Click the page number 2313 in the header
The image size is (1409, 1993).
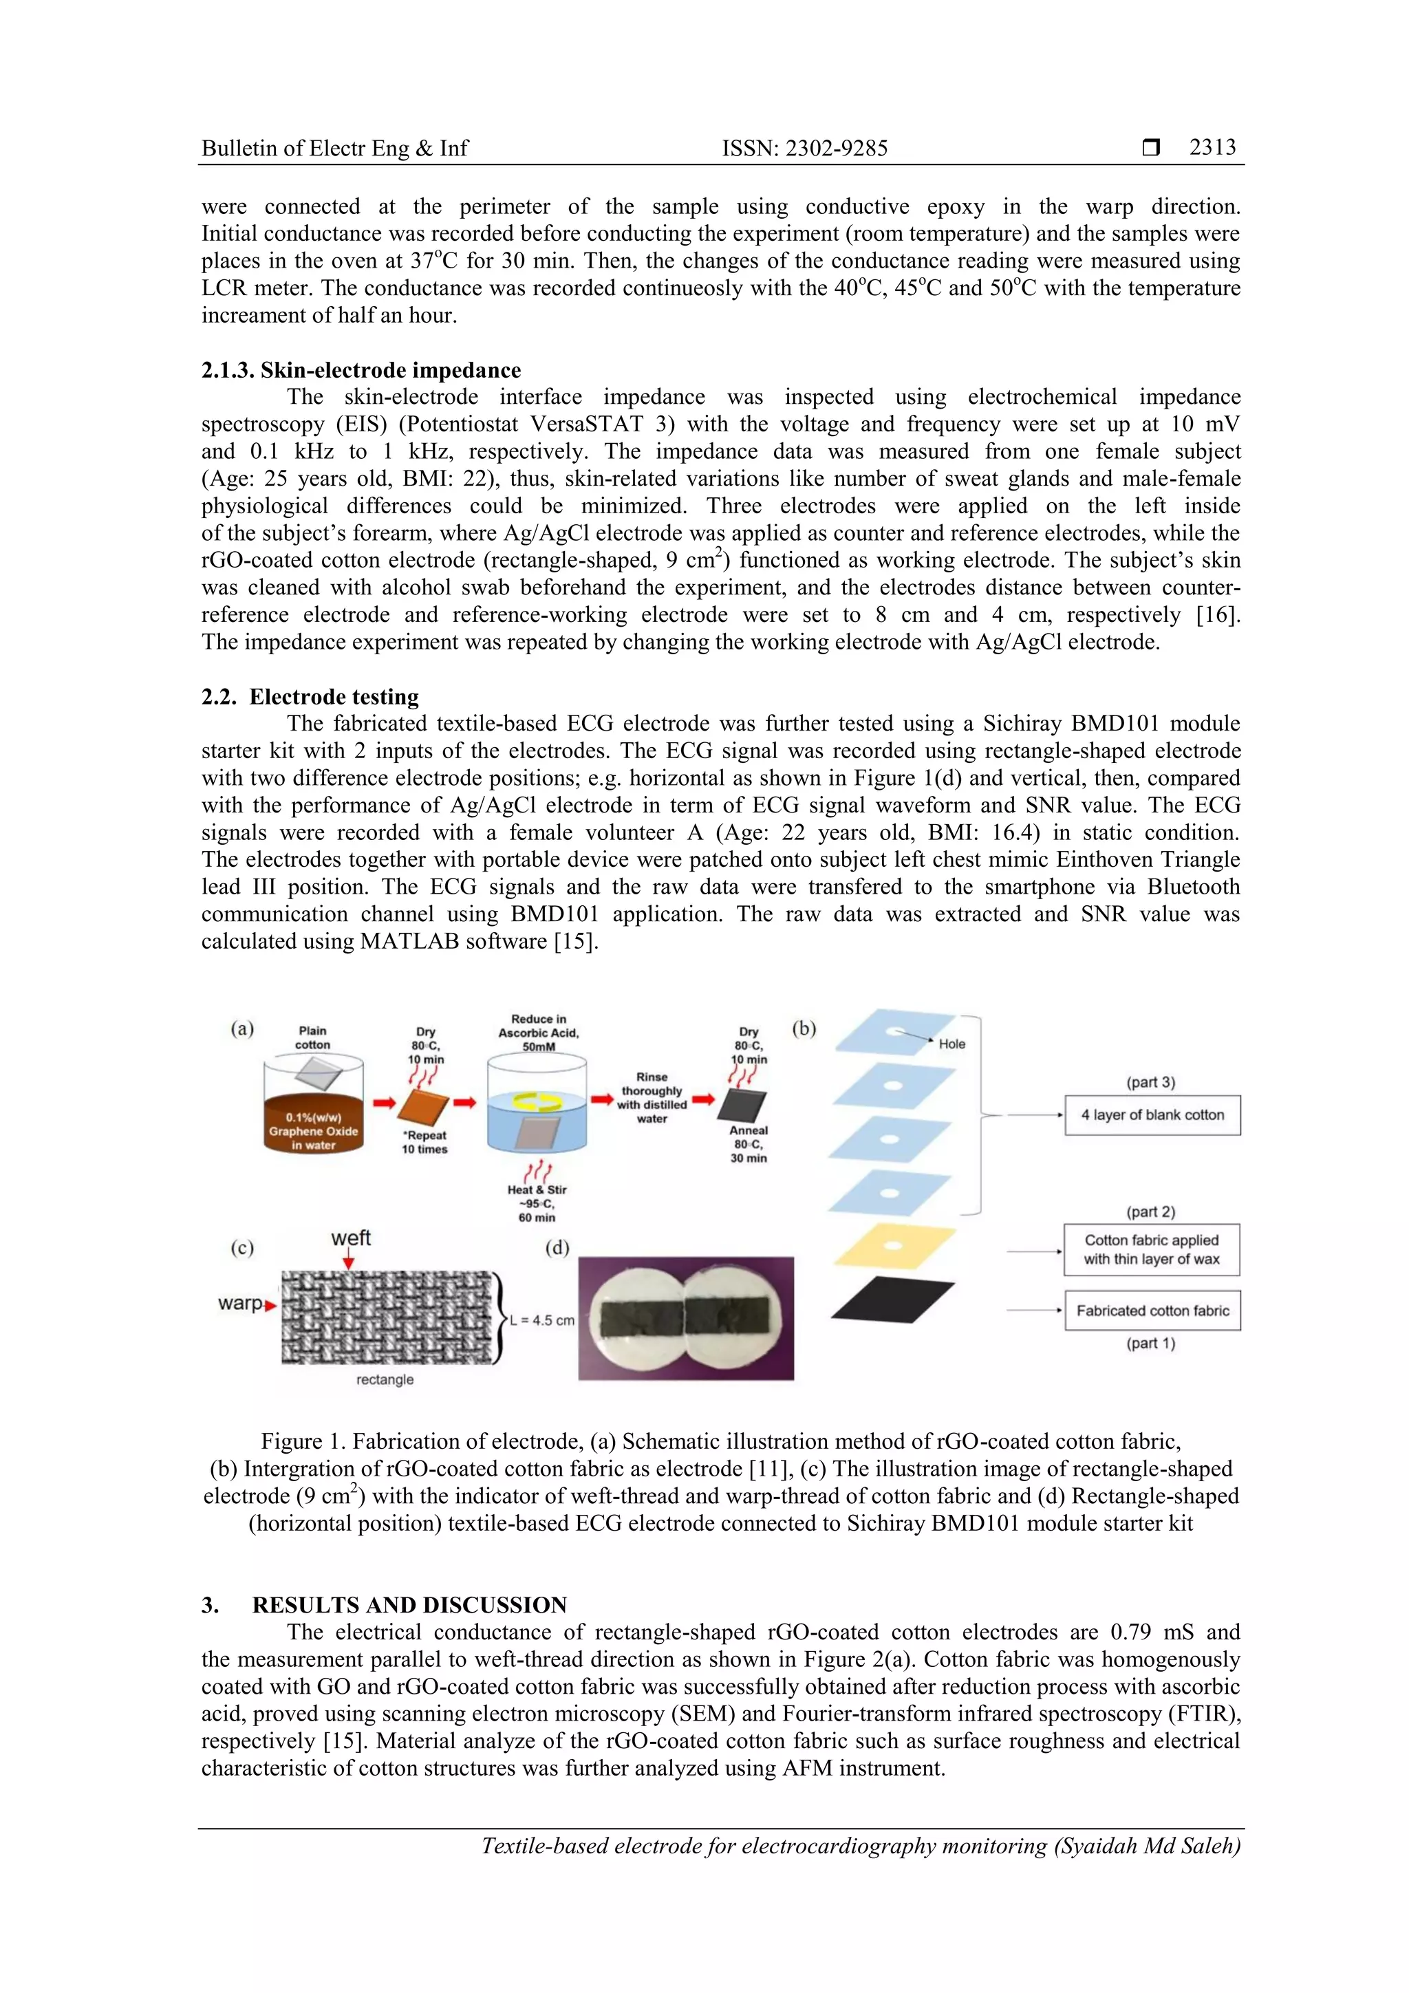tap(1212, 147)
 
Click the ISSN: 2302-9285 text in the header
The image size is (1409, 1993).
tap(805, 149)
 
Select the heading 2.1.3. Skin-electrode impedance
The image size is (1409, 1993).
tap(361, 370)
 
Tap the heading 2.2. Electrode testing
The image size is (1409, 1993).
tap(310, 696)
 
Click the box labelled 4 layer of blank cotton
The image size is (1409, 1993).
tap(1152, 1114)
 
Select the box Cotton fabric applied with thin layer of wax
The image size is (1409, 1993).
tap(1151, 1249)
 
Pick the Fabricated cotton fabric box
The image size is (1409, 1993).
tap(1152, 1311)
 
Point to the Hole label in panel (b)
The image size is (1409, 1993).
tap(951, 1044)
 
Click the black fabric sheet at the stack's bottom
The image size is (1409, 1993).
tap(892, 1299)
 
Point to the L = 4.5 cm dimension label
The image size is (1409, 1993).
tap(541, 1320)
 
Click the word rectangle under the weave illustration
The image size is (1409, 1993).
tap(385, 1379)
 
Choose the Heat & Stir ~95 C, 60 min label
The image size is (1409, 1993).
tap(537, 1203)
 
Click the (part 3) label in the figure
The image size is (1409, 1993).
tap(1150, 1082)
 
